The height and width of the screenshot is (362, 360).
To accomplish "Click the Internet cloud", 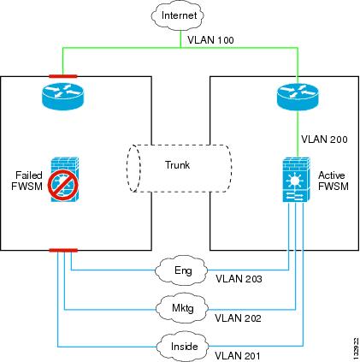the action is pos(178,15).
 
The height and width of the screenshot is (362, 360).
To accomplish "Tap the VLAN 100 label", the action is pos(210,40).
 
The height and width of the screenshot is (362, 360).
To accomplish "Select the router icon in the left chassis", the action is pos(62,96).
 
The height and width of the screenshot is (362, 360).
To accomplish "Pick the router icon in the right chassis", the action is pos(298,97).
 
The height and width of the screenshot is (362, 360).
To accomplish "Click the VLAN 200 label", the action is pos(324,139).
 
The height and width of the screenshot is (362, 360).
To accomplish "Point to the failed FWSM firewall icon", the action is pos(64,181).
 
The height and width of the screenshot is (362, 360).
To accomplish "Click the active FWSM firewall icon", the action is pos(297,180).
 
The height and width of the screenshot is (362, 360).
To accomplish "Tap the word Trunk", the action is pos(177,165).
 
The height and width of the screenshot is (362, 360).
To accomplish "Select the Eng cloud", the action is pos(181,270).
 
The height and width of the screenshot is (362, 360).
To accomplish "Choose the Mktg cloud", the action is pos(182,308).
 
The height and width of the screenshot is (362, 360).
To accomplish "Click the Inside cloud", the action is pos(183,347).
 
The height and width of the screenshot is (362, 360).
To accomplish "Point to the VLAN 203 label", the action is pos(239,279).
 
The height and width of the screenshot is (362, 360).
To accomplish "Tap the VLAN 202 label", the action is pos(238,317).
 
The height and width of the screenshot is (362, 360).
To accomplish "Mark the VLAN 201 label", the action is pos(238,356).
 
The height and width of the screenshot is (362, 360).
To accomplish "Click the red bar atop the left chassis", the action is pos(63,76).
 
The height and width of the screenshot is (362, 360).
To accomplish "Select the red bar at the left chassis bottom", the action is pos(63,251).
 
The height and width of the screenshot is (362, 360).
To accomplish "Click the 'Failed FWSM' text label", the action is pos(27,181).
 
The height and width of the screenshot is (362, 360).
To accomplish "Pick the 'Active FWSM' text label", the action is pos(333,181).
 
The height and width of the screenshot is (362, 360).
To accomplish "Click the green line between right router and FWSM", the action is pos(298,134).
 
